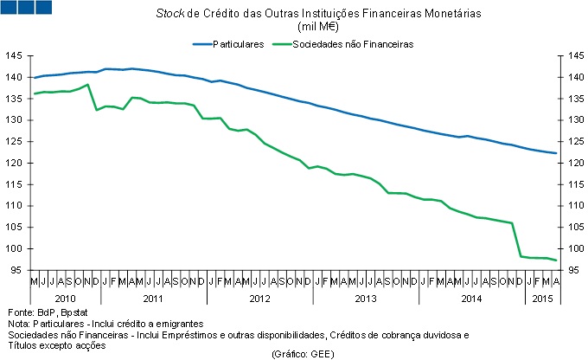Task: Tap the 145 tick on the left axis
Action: pos(15,56)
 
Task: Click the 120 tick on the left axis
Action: pos(15,163)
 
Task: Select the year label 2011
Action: pos(153,298)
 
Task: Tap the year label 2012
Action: pos(259,298)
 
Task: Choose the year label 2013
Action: pos(366,298)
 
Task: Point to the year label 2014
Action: pos(472,298)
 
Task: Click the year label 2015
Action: pos(543,298)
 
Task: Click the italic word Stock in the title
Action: pos(169,15)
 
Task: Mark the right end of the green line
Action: pos(557,260)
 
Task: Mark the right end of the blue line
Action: pos(557,153)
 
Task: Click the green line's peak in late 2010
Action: pos(87,85)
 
